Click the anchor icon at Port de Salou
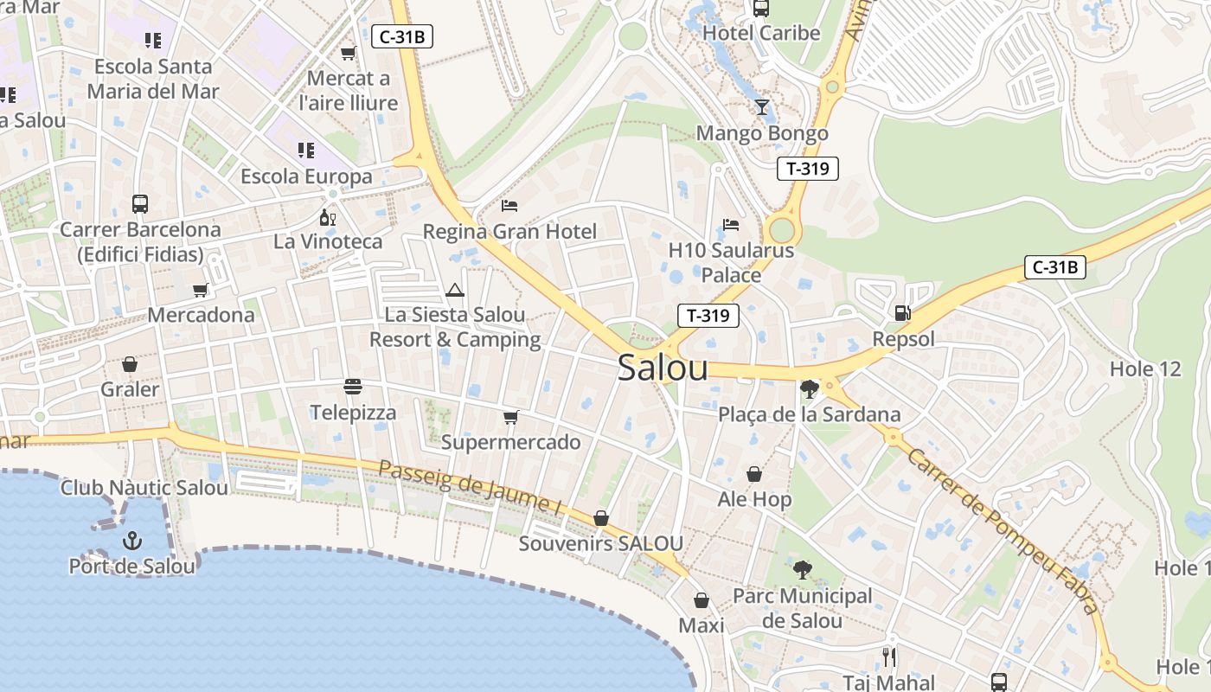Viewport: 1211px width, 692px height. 132,541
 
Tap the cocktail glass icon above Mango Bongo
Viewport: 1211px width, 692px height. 761,107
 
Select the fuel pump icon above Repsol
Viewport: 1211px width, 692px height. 902,313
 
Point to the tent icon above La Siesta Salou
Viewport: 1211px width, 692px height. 455,290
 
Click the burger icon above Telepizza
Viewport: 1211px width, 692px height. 352,386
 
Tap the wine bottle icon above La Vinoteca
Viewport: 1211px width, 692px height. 328,217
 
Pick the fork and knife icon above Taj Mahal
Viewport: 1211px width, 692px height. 889,657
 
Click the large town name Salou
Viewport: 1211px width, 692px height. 663,368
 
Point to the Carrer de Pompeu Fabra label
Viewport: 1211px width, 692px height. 1003,531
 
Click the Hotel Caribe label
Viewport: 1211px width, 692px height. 761,34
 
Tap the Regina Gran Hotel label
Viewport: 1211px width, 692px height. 509,232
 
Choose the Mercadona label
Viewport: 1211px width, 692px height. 201,315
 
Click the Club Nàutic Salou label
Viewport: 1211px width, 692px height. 144,488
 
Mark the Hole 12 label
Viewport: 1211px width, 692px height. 1145,369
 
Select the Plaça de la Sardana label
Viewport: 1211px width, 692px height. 810,414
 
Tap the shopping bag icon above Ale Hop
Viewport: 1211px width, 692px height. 754,474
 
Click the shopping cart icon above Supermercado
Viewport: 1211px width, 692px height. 510,418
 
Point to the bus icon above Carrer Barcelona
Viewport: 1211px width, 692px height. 140,204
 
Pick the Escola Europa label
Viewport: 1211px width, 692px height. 306,176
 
